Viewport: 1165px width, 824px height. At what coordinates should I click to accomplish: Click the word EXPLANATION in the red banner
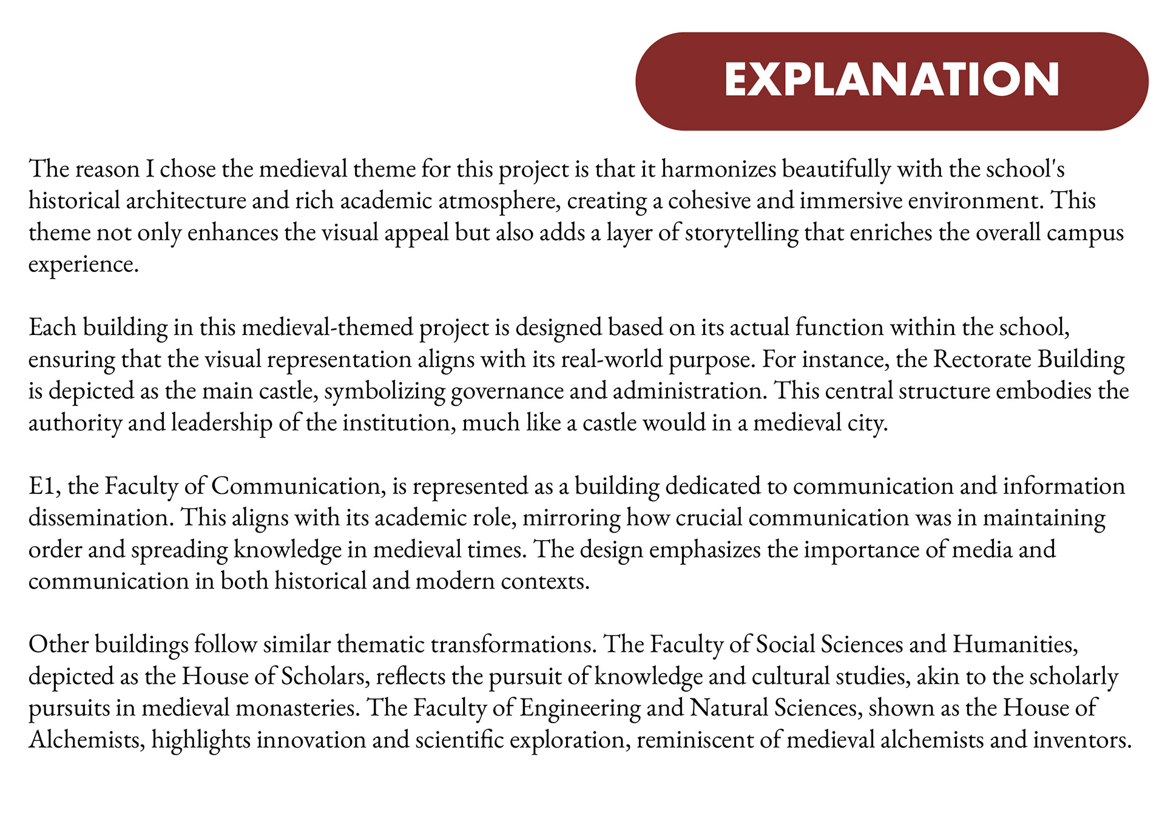[891, 80]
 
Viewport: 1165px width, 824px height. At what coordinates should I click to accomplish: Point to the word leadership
[221, 423]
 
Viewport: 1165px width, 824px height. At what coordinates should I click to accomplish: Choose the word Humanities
[1015, 644]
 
